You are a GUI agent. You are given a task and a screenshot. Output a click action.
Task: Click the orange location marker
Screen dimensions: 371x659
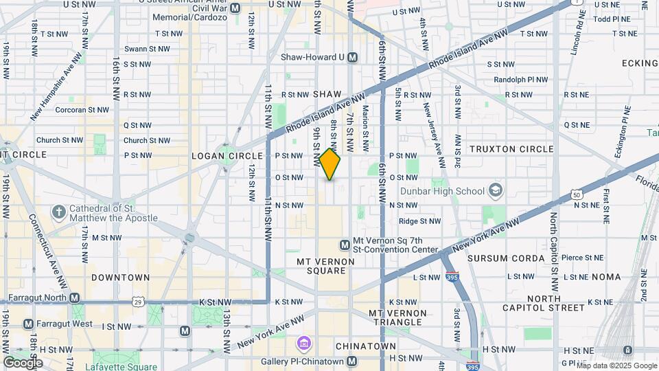click(330, 164)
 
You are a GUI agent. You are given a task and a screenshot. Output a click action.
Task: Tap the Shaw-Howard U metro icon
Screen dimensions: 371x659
click(352, 58)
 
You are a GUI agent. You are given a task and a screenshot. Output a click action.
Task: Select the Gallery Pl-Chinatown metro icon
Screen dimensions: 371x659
click(352, 361)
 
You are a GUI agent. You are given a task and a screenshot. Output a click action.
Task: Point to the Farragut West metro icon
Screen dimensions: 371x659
click(28, 324)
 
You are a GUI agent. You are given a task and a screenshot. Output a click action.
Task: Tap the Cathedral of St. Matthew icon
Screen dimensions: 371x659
click(60, 212)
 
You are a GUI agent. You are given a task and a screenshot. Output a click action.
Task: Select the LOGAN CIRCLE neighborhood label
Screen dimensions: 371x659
click(218, 156)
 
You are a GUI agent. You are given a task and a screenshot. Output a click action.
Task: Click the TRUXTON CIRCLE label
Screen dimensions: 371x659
click(511, 149)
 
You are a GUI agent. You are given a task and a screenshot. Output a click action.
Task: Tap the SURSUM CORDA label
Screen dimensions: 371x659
click(497, 258)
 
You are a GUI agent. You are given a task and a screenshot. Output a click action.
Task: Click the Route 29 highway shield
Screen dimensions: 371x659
click(139, 302)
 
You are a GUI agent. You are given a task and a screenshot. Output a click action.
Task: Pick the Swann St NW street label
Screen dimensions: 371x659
click(146, 49)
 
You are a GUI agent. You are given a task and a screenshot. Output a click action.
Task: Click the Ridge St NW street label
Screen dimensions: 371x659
click(419, 221)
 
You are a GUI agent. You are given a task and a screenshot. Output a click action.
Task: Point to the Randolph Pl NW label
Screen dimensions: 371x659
click(521, 80)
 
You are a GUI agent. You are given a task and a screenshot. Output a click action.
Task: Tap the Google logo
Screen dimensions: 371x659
click(23, 362)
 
